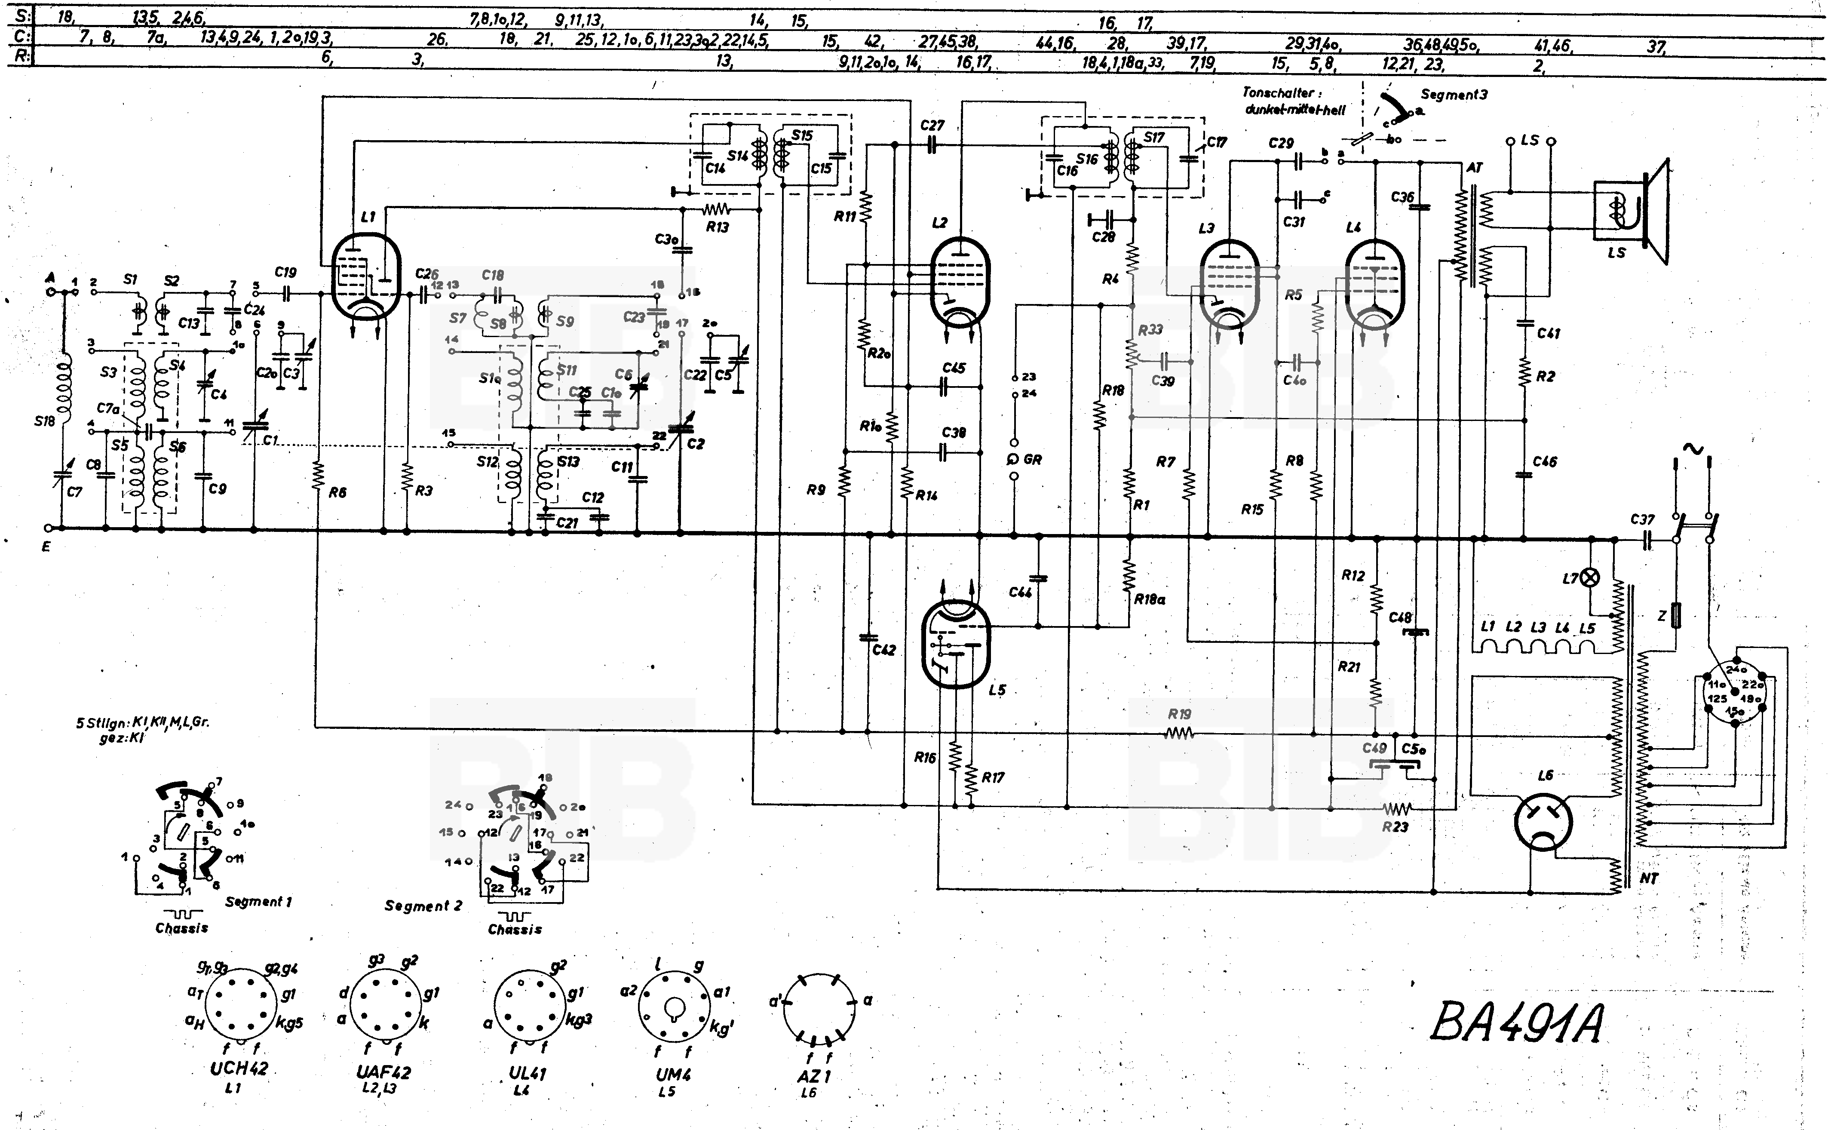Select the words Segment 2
pos(423,906)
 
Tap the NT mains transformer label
pos(1649,879)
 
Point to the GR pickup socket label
pos(1032,460)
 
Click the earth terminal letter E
pos(46,547)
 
